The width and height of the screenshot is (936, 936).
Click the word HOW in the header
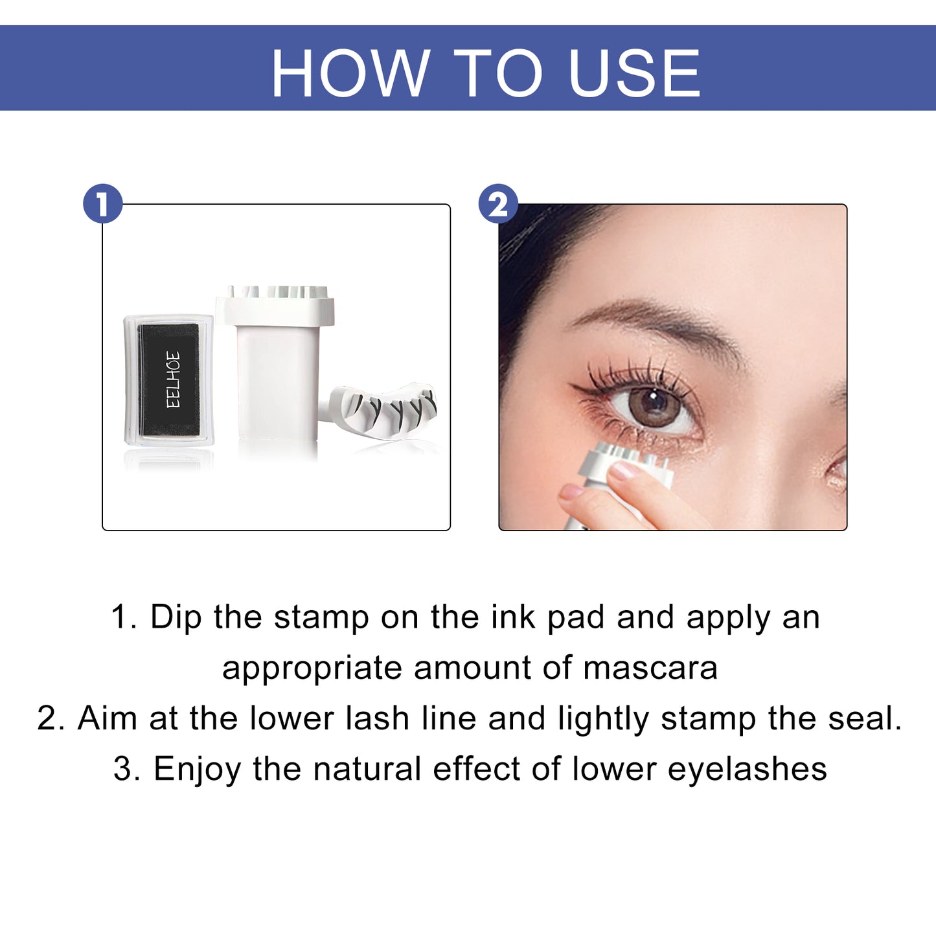point(350,73)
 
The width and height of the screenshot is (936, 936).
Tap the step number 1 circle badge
point(102,204)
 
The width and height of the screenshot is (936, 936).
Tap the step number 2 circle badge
point(497,204)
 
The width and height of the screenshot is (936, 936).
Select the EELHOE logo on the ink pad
point(172,380)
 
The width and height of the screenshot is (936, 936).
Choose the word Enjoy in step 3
point(197,770)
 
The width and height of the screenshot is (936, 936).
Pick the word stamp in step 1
point(321,617)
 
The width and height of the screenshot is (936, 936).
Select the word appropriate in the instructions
point(312,668)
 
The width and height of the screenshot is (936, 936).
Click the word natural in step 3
point(367,769)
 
